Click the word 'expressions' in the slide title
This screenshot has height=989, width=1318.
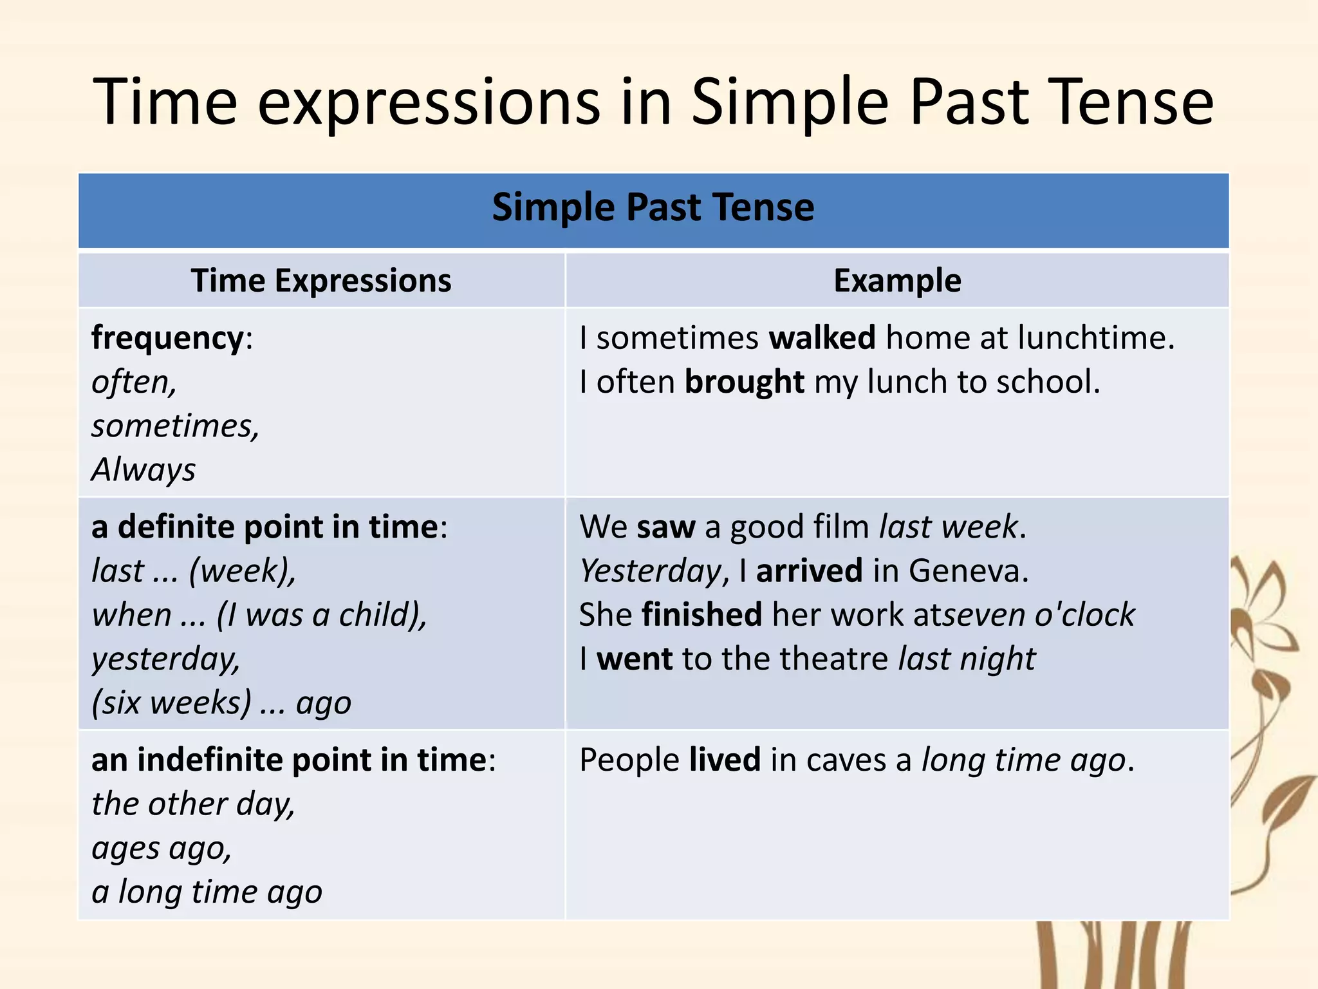coord(429,103)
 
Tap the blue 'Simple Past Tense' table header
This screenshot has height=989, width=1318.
coord(653,208)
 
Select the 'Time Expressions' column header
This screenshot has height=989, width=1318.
coord(321,281)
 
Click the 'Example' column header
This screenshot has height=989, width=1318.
coord(897,281)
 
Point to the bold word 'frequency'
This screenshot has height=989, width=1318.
coord(167,338)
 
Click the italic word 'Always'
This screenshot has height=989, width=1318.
coord(143,469)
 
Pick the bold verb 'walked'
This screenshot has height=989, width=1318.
coord(822,338)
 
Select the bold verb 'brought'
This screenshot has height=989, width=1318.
coord(744,382)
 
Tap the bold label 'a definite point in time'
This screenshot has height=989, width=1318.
coord(265,527)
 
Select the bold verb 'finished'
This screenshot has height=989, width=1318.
coord(701,615)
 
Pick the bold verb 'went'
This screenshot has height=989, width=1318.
coord(635,659)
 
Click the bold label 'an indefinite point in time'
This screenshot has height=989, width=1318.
coord(289,760)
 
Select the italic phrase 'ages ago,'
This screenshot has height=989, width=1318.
coord(161,848)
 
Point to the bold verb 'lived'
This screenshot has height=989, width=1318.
coord(725,760)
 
